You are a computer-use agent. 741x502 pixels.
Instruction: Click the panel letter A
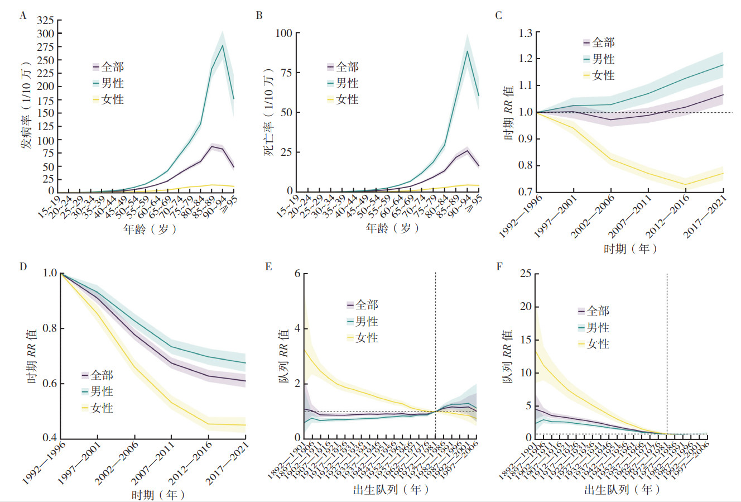(23, 16)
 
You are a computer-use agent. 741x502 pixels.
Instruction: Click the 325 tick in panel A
(45, 21)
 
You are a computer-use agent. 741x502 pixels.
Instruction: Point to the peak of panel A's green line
(223, 45)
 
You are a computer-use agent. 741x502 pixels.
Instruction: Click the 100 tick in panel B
(284, 33)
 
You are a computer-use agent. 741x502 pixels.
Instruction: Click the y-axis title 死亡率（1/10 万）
(269, 112)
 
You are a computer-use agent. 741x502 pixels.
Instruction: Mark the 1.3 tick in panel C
(525, 33)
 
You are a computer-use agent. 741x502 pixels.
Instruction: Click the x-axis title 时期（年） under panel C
(629, 248)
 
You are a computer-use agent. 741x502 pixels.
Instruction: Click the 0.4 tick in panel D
(50, 438)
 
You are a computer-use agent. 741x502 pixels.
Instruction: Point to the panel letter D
(23, 266)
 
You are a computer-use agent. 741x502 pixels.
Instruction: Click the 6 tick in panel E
(297, 274)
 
